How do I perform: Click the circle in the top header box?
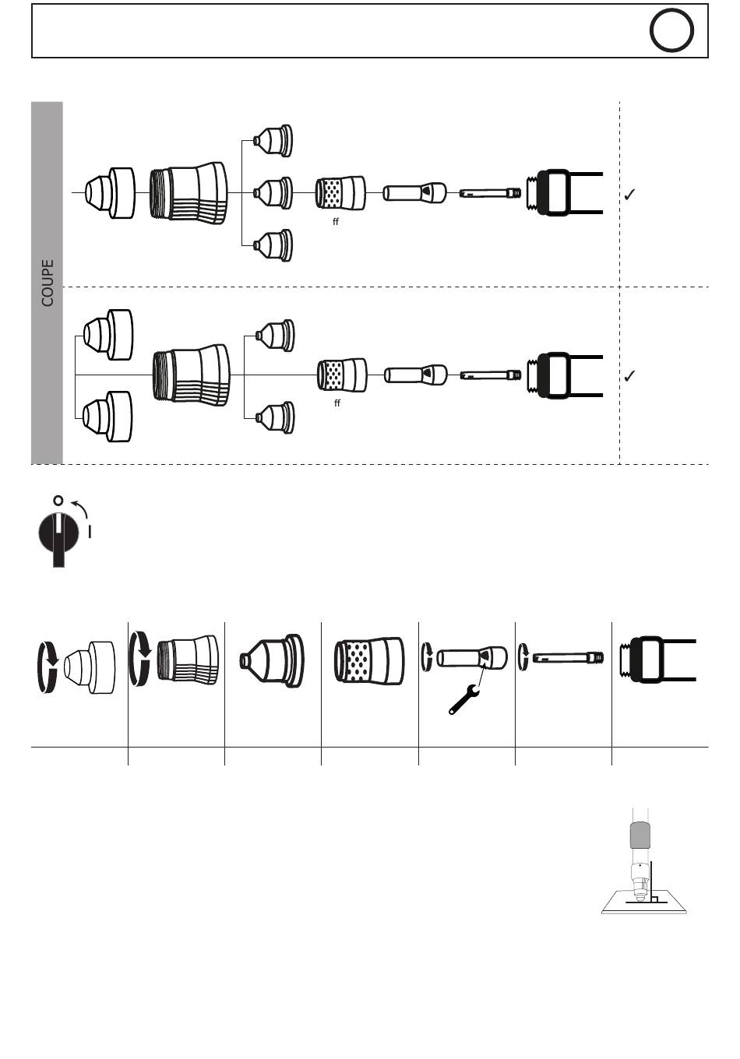coord(671,32)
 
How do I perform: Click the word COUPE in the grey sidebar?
coord(48,283)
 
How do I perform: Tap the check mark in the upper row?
coord(630,195)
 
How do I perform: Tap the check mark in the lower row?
coord(630,376)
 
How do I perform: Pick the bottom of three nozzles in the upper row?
coord(273,245)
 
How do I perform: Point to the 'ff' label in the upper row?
coord(336,222)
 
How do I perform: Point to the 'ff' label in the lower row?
coord(337,403)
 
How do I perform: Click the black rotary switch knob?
coord(58,533)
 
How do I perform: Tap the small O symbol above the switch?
coord(58,500)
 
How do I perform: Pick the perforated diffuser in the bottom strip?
coord(369,660)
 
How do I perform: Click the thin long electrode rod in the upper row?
coord(490,192)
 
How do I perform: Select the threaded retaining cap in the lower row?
coord(192,375)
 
